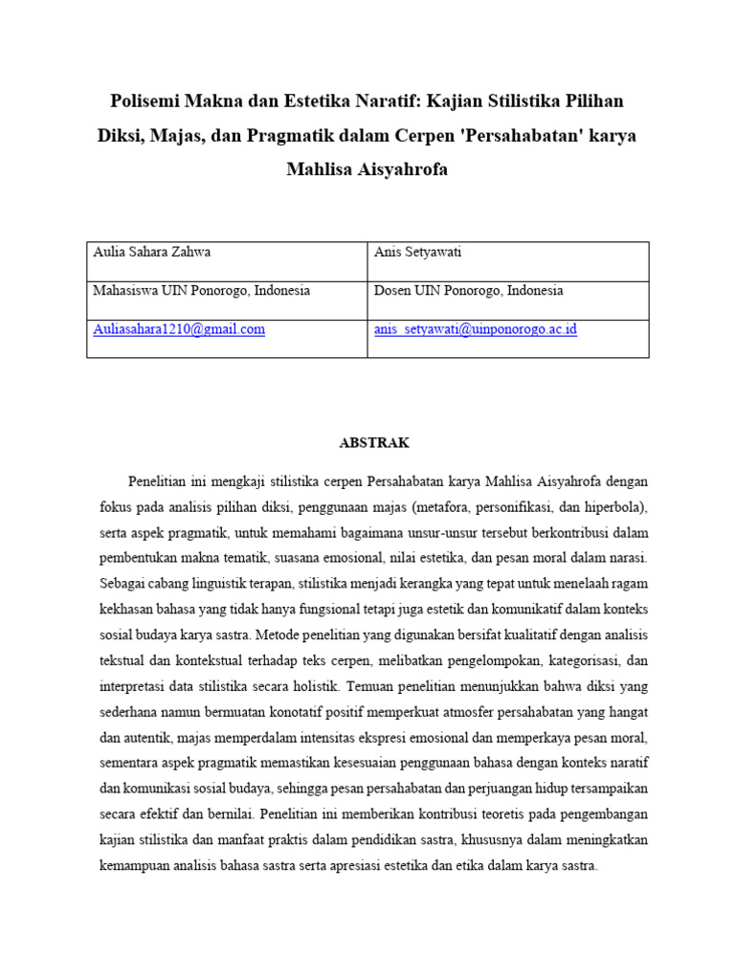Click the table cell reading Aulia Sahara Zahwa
(x=151, y=253)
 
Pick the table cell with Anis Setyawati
(x=417, y=253)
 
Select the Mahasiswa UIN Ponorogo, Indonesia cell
(x=201, y=291)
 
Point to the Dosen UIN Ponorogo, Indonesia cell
(x=468, y=291)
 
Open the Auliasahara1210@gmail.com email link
(x=179, y=329)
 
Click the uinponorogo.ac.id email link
(x=476, y=329)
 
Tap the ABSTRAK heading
(x=374, y=443)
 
